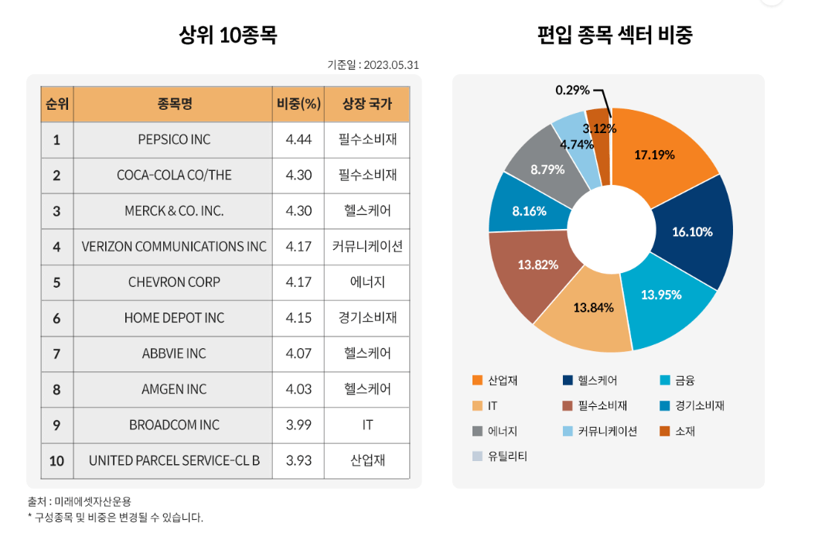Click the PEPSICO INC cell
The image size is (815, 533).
174,140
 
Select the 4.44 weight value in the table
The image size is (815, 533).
298,140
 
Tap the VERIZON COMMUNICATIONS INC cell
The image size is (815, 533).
174,247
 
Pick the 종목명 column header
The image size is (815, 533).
174,104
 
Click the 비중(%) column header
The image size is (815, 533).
298,104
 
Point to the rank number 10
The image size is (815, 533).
56,461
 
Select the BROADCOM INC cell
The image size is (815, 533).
174,425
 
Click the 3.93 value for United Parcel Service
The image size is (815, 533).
298,461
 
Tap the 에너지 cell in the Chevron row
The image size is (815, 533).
367,282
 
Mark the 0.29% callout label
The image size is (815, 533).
572,91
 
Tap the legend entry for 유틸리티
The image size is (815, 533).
506,456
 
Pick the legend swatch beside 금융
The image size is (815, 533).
665,380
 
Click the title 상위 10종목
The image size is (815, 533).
227,36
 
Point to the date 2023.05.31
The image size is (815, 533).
390,66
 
